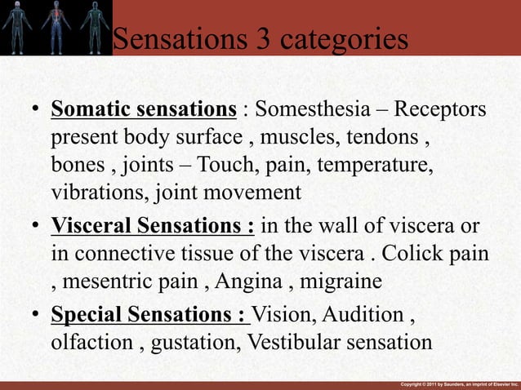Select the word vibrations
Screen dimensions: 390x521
tap(87, 193)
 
